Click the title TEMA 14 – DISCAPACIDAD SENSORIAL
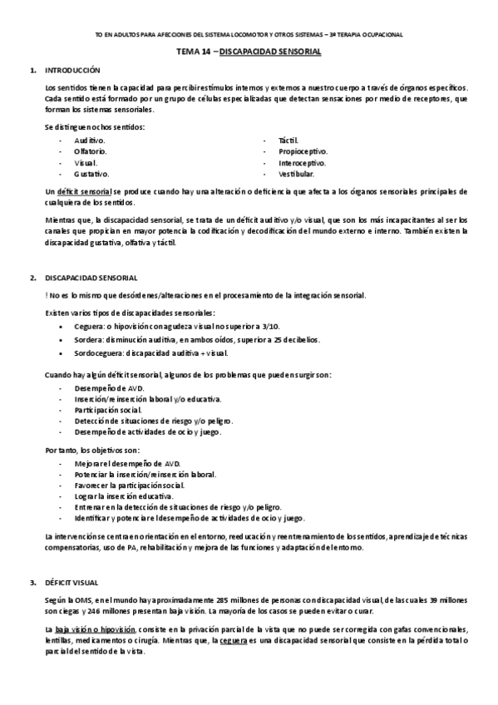249,51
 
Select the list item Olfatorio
90,151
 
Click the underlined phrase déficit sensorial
84,192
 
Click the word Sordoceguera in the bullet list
97,352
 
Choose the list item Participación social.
107,410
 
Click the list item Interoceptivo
302,163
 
